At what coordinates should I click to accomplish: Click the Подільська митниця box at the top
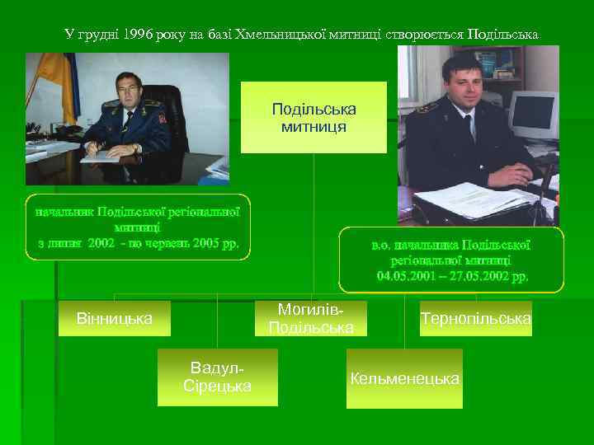point(313,118)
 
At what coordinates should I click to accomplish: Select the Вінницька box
point(114,317)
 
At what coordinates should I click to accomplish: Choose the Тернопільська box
point(476,318)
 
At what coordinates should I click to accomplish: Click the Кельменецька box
point(404,378)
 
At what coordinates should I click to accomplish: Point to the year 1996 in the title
point(136,35)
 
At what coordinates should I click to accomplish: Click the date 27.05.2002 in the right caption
point(476,274)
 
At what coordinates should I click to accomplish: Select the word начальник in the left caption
point(64,211)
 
